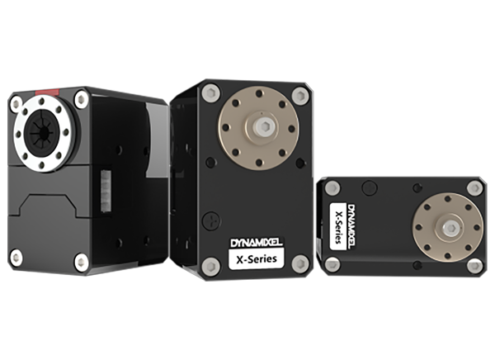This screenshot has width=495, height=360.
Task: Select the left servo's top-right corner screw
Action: pyautogui.click(x=82, y=100)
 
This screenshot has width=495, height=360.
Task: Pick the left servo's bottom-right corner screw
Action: pyautogui.click(x=81, y=263)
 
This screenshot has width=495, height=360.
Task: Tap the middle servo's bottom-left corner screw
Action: pyautogui.click(x=211, y=266)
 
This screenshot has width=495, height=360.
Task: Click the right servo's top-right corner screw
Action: pyautogui.click(x=474, y=188)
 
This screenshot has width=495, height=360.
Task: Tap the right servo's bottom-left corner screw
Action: pyautogui.click(x=332, y=264)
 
